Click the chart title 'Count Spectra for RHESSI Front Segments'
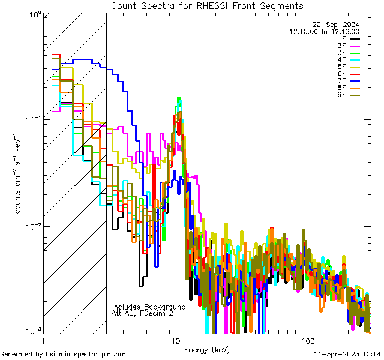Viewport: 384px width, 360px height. tap(206, 5)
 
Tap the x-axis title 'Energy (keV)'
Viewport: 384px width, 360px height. tap(207, 349)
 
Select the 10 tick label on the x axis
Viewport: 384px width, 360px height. tap(175, 340)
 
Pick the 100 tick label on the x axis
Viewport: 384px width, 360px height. tap(307, 340)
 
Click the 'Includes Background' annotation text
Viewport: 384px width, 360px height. tap(149, 307)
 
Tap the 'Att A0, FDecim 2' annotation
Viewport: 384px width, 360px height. tap(143, 313)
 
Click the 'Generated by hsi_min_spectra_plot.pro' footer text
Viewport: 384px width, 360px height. tap(63, 354)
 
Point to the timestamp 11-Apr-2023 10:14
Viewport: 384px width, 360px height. tap(347, 354)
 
